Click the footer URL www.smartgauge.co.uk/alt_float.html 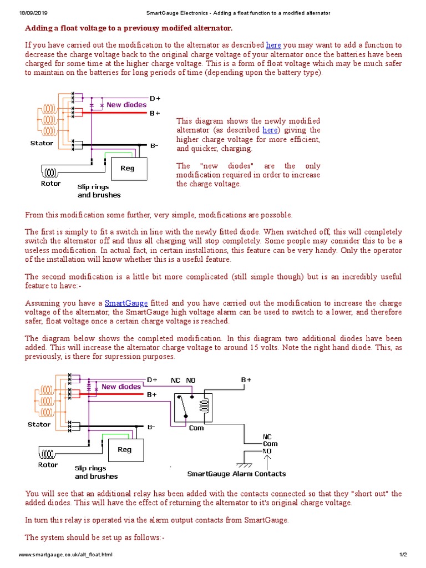click(66, 555)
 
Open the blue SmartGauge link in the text click(126, 303)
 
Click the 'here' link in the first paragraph click(273, 45)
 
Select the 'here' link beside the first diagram click(270, 130)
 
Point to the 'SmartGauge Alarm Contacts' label click(236, 474)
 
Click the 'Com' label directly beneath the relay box click(196, 428)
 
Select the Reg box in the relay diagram click(124, 450)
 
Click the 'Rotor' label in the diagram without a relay click(51, 184)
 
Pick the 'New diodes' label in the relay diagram click(121, 387)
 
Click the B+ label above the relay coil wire click(246, 380)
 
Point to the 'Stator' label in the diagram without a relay click(42, 143)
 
